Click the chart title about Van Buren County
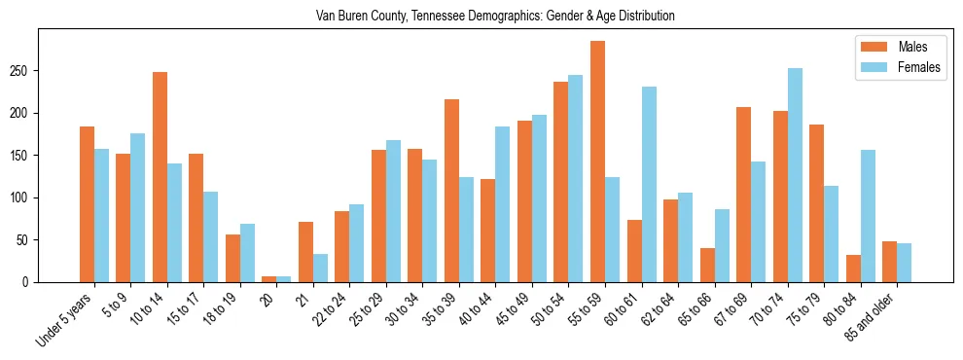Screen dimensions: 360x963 (x=495, y=17)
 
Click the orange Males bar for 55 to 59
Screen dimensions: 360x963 (x=597, y=162)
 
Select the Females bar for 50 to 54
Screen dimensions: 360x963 (x=576, y=179)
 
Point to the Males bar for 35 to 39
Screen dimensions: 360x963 (x=451, y=191)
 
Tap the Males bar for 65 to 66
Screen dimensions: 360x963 (x=707, y=265)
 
